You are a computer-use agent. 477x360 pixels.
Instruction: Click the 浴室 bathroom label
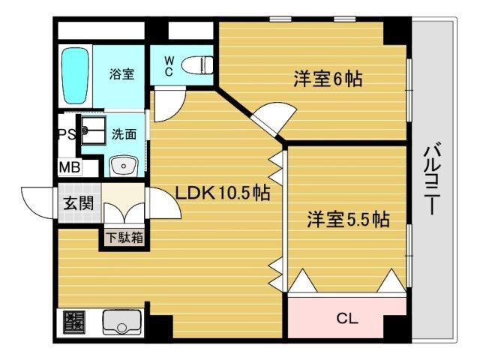click(x=121, y=74)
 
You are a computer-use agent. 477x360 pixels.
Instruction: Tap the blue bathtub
click(x=75, y=76)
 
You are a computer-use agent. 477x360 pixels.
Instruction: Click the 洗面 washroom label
click(x=124, y=135)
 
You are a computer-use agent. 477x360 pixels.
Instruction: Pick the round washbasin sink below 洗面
click(x=120, y=165)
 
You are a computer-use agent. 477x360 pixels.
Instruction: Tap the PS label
click(x=66, y=135)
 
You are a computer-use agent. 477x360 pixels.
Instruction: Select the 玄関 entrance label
click(x=77, y=202)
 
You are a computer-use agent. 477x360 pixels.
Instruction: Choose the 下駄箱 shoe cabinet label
click(x=124, y=238)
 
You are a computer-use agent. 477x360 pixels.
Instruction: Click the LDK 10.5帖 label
click(x=223, y=193)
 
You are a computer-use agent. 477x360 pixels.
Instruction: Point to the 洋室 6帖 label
click(x=328, y=79)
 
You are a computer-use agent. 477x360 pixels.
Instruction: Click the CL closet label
click(x=346, y=318)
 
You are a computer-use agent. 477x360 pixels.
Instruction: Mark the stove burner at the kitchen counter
click(x=74, y=324)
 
